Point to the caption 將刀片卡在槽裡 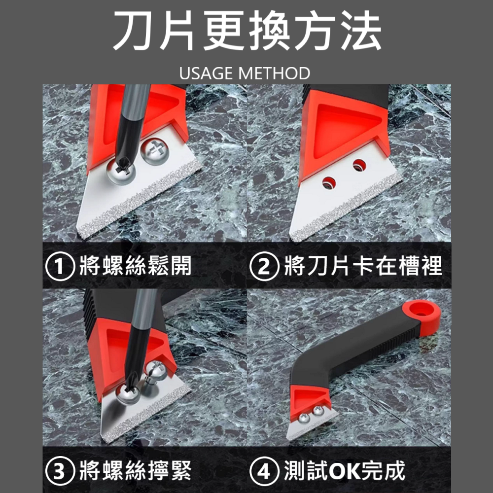click(x=363, y=267)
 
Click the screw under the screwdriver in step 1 click(x=120, y=173)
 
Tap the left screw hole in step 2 click(x=328, y=184)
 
